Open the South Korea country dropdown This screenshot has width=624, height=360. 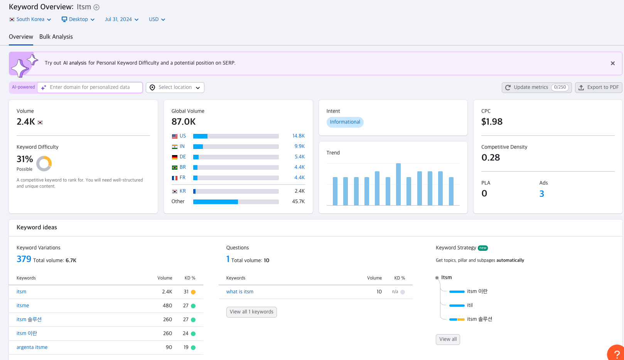tap(30, 19)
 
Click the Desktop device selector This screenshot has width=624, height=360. tap(78, 19)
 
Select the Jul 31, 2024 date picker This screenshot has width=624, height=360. tap(121, 19)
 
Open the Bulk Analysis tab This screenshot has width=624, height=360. tap(56, 37)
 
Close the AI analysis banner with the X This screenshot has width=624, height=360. tap(612, 63)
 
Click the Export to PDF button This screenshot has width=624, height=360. tap(599, 87)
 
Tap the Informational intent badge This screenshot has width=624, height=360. tap(345, 122)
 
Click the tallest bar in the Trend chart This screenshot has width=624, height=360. tap(398, 184)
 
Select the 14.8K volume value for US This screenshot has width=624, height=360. tap(298, 136)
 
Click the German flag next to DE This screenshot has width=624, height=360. tap(175, 157)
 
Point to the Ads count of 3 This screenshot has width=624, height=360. tap(541, 194)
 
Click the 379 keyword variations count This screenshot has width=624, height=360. tap(24, 259)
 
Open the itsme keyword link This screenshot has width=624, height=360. tap(23, 306)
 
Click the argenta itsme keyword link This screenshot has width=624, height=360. tap(32, 347)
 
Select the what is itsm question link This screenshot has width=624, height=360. tap(239, 292)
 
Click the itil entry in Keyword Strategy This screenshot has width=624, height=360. tap(469, 305)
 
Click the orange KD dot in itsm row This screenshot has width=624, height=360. tap(193, 292)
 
